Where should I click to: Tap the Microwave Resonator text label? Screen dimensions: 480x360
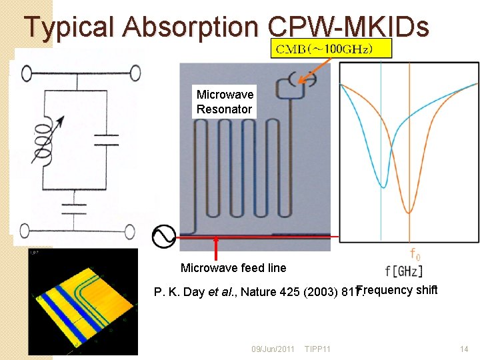click(224, 102)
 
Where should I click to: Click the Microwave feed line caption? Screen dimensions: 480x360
click(233, 268)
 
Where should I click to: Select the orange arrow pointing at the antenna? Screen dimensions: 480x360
click(313, 69)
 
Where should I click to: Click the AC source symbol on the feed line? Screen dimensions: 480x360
click(164, 236)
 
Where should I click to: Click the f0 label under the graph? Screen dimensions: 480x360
click(415, 255)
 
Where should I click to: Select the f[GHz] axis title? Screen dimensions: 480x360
click(403, 271)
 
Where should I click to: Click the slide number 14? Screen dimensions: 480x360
click(464, 349)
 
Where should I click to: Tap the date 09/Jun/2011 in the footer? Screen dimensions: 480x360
click(273, 349)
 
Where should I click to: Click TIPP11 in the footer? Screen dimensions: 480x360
click(319, 349)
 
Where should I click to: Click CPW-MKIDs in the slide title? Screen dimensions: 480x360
click(347, 27)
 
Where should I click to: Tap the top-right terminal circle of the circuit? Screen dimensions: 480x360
click(135, 72)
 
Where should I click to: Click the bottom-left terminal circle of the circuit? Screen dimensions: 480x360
click(24, 231)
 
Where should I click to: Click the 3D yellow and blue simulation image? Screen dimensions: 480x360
click(83, 300)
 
